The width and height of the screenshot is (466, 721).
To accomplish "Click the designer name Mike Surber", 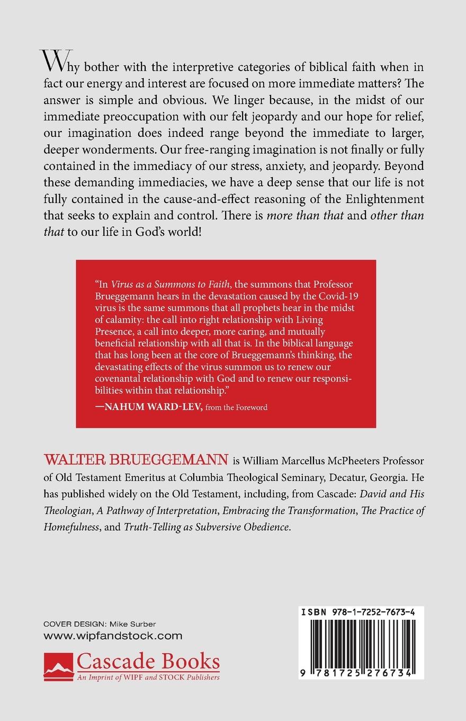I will click(140, 623).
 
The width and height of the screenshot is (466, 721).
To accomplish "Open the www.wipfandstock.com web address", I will click(113, 636).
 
